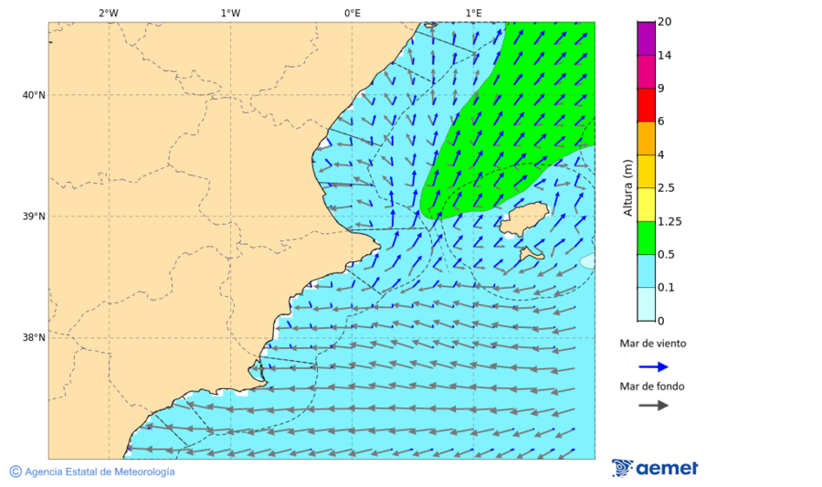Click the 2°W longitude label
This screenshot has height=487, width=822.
[x=108, y=13]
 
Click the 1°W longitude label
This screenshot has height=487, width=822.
[x=230, y=13]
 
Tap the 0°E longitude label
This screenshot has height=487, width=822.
[x=352, y=13]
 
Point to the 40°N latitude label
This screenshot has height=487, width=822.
[x=33, y=95]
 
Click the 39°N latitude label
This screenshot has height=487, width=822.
[x=33, y=217]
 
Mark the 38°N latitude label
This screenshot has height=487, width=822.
[x=33, y=338]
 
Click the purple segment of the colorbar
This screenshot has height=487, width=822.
[x=646, y=38]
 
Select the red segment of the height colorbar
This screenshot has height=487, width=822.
[x=646, y=104]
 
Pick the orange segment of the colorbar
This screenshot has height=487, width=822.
[x=646, y=138]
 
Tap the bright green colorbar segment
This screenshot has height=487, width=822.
[x=646, y=238]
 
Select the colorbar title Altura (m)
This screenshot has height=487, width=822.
[x=627, y=187]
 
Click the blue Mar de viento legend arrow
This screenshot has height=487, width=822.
[x=653, y=366]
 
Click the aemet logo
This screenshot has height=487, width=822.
[x=655, y=468]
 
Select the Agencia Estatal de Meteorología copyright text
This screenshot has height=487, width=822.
[x=92, y=471]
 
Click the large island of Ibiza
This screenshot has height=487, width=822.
[x=523, y=220]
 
